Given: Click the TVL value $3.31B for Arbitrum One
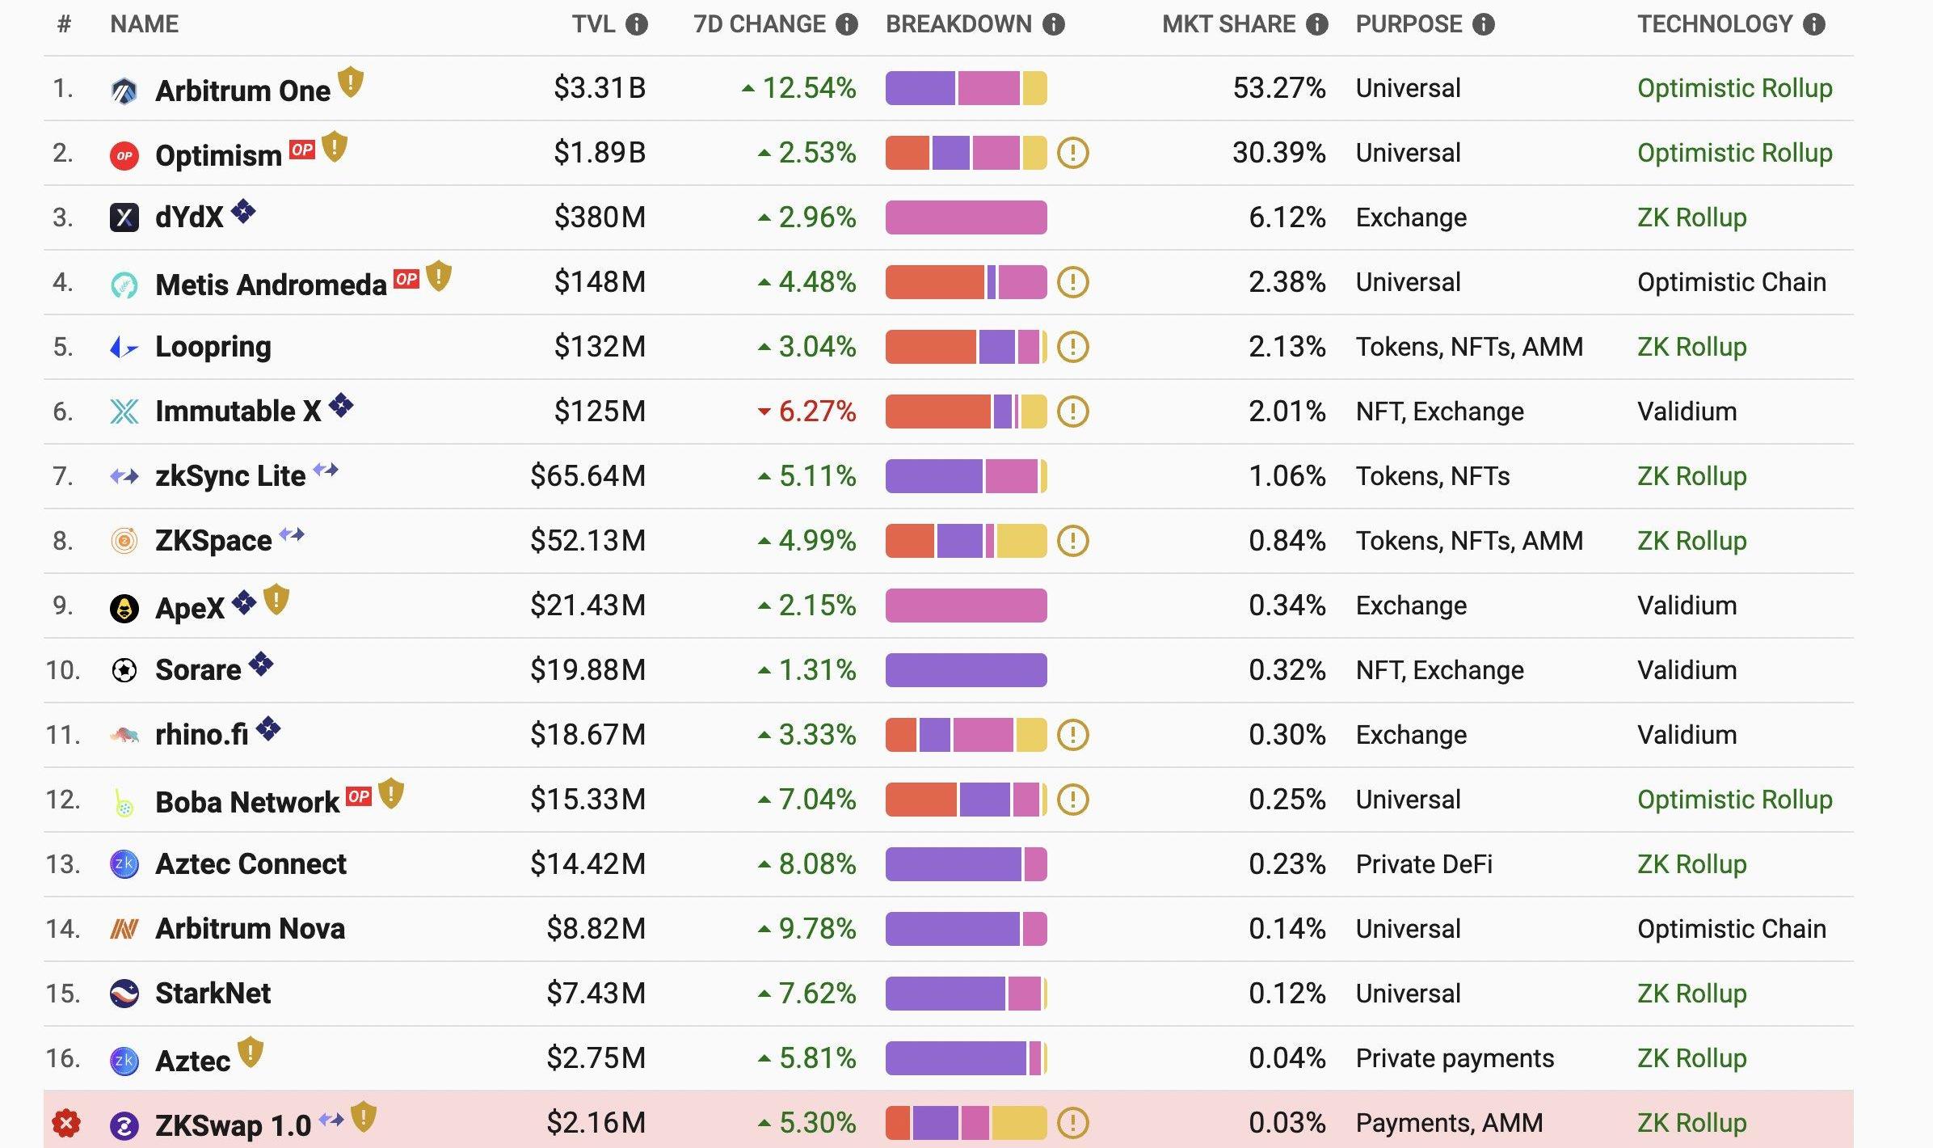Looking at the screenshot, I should tap(599, 88).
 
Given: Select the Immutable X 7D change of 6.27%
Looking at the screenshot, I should tap(816, 412).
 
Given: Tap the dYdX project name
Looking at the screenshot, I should tap(188, 217).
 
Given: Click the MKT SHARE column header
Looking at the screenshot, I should tap(1228, 24).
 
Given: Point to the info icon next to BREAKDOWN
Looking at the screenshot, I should tap(1054, 24).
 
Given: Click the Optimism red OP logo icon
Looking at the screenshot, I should tap(124, 155).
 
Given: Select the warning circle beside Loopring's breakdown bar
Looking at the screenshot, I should tap(1073, 347).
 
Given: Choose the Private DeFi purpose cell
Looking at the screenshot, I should tap(1424, 864).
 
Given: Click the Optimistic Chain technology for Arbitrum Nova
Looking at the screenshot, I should tap(1731, 929).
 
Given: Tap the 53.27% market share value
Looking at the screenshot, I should tap(1278, 88).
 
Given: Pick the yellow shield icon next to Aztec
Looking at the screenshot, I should tap(251, 1052).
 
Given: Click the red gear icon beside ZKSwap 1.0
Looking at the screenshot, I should tap(66, 1123).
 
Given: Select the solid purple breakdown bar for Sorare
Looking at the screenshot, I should tap(966, 670).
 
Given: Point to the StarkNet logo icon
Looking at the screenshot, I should tap(124, 994).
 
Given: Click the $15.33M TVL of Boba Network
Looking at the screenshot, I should tap(587, 800).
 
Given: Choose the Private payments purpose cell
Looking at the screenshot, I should tap(1455, 1058).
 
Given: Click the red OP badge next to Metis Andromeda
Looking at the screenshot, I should tap(406, 279).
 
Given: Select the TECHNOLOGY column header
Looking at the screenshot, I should tap(1715, 24).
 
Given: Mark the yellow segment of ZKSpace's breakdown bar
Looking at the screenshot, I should tap(1021, 541).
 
